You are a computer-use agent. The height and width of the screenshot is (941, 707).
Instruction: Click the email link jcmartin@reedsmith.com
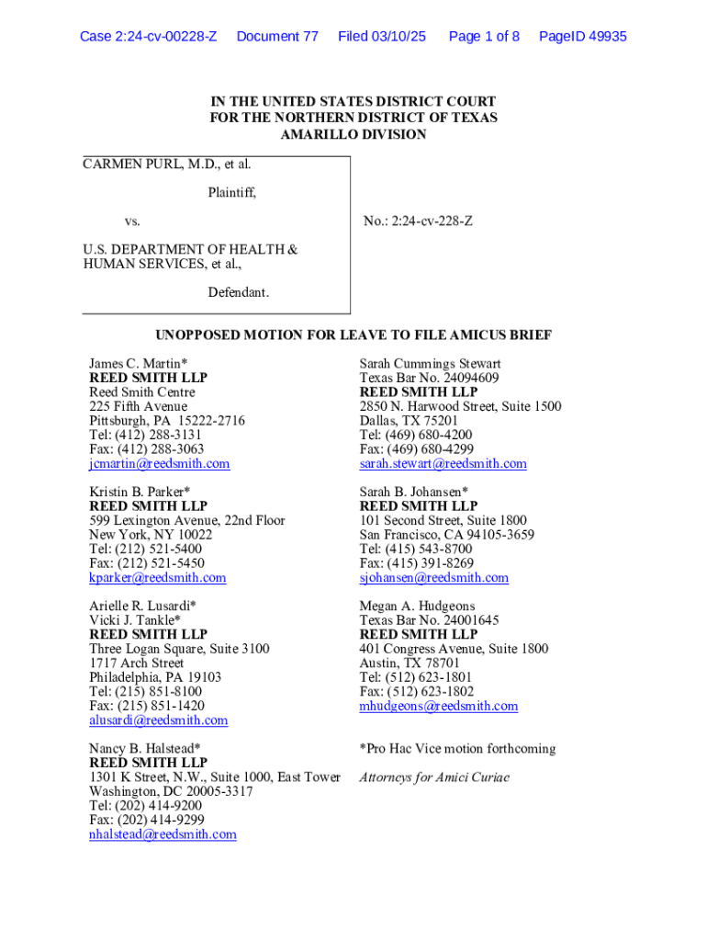[159, 464]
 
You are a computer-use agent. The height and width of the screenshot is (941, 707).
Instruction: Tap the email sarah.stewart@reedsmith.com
[443, 464]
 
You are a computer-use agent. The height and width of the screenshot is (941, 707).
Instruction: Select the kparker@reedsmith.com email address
[157, 578]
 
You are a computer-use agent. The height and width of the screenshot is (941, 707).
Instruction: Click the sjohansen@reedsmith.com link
[433, 578]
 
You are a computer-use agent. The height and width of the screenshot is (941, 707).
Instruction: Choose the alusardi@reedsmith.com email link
[158, 720]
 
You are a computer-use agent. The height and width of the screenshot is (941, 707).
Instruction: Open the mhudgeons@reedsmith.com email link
[438, 706]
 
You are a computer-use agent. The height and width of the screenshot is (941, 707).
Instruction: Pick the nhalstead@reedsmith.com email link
[163, 834]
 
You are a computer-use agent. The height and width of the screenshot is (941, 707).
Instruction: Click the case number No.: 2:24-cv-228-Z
[418, 221]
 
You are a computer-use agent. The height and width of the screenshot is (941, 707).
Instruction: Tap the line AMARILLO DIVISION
[353, 134]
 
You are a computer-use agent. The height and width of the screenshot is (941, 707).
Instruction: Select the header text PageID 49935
[583, 37]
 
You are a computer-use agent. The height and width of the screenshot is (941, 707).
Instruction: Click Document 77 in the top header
[277, 37]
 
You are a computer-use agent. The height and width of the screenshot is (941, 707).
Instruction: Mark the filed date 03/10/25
[394, 37]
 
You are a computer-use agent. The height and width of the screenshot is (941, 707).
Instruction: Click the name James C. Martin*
[138, 364]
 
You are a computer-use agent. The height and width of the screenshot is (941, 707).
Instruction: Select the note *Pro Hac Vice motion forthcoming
[457, 749]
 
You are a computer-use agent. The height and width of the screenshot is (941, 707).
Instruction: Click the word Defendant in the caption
[238, 292]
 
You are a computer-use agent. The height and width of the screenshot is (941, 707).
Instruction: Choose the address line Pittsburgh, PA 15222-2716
[167, 421]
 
